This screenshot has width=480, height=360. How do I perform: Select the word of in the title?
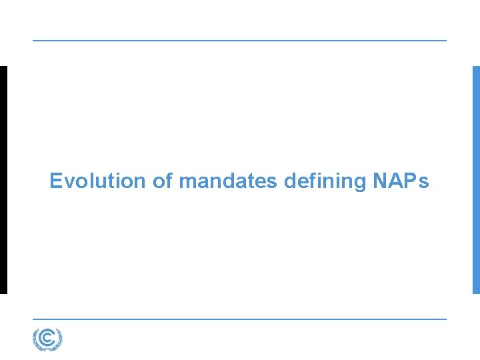162,181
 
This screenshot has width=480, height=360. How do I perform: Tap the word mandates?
228,181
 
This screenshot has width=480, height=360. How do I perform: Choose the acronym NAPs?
401,181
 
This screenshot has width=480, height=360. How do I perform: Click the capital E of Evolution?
56,181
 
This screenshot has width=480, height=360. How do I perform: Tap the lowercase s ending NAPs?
425,182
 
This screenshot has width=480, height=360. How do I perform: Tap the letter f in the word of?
169,180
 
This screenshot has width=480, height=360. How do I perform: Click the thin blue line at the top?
240,41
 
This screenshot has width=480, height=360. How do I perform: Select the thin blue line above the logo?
240,319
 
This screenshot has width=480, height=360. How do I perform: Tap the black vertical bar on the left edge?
3,180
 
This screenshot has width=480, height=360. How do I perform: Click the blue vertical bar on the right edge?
476,180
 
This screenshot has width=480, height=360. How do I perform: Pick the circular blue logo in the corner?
47,339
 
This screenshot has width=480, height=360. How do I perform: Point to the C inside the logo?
47,339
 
